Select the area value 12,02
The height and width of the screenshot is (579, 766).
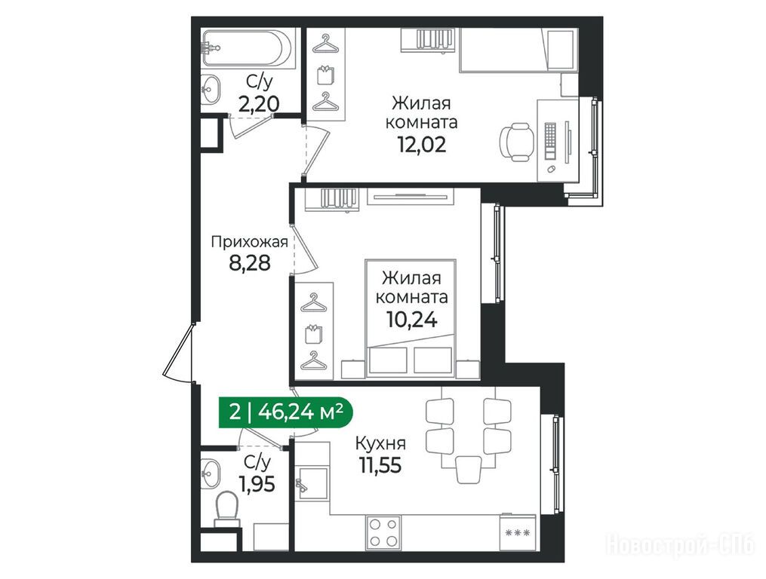tap(422, 144)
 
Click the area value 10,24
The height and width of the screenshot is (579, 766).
tap(411, 320)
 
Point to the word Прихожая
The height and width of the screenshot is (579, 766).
tap(249, 242)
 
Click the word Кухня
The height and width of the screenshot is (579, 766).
tap(380, 444)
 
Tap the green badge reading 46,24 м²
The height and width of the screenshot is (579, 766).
tap(285, 412)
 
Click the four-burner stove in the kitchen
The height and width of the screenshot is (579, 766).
tap(383, 532)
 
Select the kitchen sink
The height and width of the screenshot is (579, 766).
tap(312, 482)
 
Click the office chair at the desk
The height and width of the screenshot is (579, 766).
tap(515, 142)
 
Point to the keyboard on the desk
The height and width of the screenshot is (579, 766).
tap(551, 140)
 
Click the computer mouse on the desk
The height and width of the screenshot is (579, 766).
tap(551, 169)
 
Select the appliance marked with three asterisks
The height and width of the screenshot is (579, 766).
tap(518, 532)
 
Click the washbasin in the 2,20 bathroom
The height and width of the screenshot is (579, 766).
tap(211, 90)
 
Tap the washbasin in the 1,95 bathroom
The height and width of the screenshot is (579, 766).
tap(211, 473)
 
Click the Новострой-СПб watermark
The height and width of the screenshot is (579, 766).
tap(681, 544)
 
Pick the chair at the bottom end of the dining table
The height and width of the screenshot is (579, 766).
tap(469, 469)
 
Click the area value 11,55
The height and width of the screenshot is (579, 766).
tap(380, 465)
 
